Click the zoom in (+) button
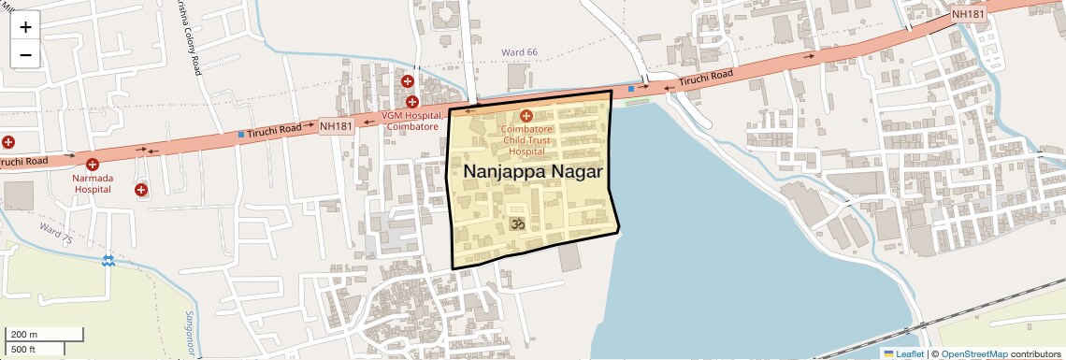pyautogui.click(x=25, y=27)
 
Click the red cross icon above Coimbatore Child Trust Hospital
pyautogui.click(x=526, y=116)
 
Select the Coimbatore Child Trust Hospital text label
pyautogui.click(x=526, y=139)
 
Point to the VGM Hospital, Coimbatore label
pyautogui.click(x=410, y=121)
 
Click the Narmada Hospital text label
pyautogui.click(x=93, y=183)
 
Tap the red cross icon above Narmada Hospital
pyautogui.click(x=92, y=165)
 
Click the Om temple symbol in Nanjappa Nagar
pyautogui.click(x=514, y=223)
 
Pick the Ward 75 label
pyautogui.click(x=55, y=233)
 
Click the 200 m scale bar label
pyautogui.click(x=23, y=335)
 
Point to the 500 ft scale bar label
pyautogui.click(x=23, y=350)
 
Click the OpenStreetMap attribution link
pyautogui.click(x=973, y=353)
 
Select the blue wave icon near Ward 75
pyautogui.click(x=109, y=259)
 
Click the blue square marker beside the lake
pyautogui.click(x=631, y=89)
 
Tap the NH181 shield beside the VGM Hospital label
pyautogui.click(x=336, y=125)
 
